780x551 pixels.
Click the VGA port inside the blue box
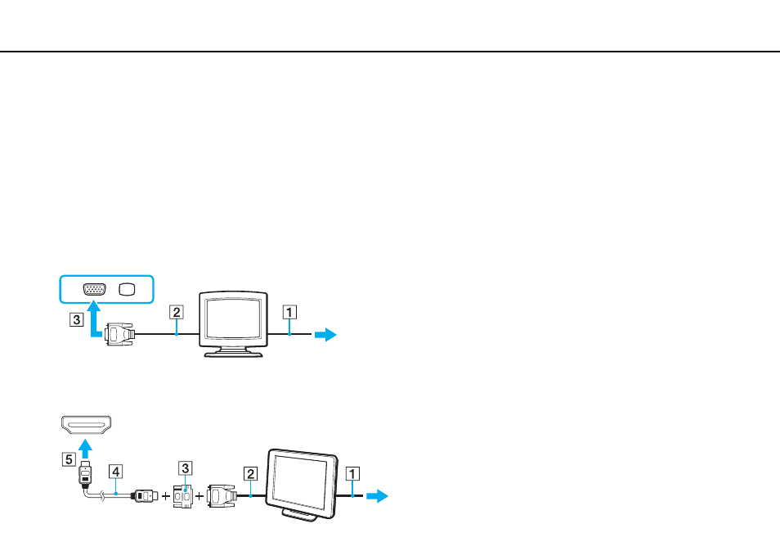pos(95,290)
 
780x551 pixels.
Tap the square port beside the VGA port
pos(127,290)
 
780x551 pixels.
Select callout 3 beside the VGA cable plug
pos(76,319)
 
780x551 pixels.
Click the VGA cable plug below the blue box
pos(119,334)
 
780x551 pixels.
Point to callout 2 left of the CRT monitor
pos(176,313)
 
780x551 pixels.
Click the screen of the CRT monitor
pos(233,318)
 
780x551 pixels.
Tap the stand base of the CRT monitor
pos(233,353)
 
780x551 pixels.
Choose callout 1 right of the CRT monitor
pos(289,313)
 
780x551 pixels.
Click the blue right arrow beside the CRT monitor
pos(326,334)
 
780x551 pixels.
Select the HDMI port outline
pos(86,425)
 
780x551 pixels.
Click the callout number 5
pos(69,458)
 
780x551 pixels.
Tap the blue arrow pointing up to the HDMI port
pos(86,449)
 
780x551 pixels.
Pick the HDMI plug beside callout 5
pos(86,473)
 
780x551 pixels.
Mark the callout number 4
pos(115,472)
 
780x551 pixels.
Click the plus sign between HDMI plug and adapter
pos(166,496)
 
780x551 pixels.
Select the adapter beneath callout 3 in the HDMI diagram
pos(183,496)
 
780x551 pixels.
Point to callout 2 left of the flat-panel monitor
pos(251,473)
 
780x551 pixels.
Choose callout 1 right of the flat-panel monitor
pos(352,473)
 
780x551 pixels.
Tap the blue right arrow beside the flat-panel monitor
pos(377,496)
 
